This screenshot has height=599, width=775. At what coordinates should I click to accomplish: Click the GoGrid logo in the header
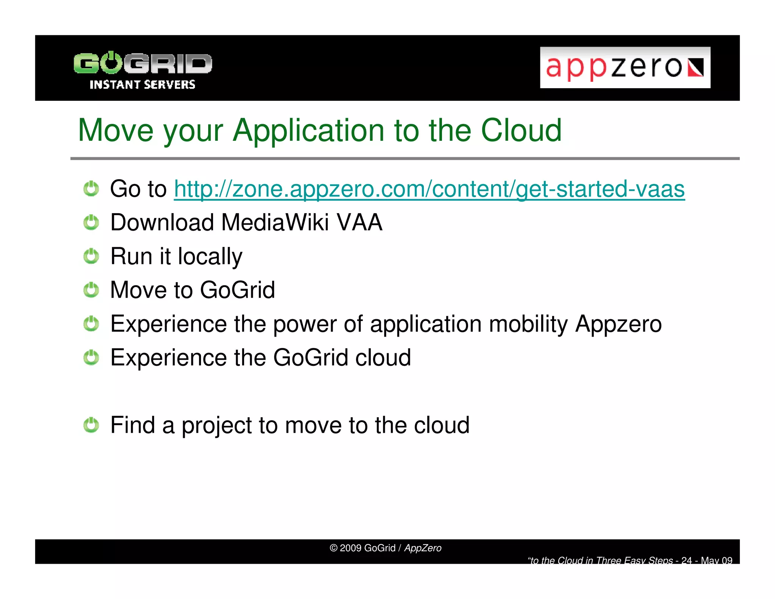pos(143,64)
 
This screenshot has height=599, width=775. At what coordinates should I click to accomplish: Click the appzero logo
pos(624,67)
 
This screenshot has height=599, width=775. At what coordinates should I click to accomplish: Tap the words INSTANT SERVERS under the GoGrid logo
pos(142,84)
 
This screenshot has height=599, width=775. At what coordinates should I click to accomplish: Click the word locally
pos(210,257)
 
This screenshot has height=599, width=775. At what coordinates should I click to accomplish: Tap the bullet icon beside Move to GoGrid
pos(91,290)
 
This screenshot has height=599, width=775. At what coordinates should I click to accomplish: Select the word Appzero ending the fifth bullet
pos(618,324)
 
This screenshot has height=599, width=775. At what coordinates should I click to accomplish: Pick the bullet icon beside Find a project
pos(91,425)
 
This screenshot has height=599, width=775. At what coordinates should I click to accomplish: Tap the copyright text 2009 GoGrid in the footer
pos(362,548)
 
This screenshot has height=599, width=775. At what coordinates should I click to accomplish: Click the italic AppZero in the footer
pos(423,548)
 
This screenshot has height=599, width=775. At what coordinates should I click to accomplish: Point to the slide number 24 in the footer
pos(686,560)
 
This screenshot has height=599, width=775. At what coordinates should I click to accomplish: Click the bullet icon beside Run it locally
pos(91,256)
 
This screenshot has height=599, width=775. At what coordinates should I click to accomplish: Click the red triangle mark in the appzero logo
pos(696,68)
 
